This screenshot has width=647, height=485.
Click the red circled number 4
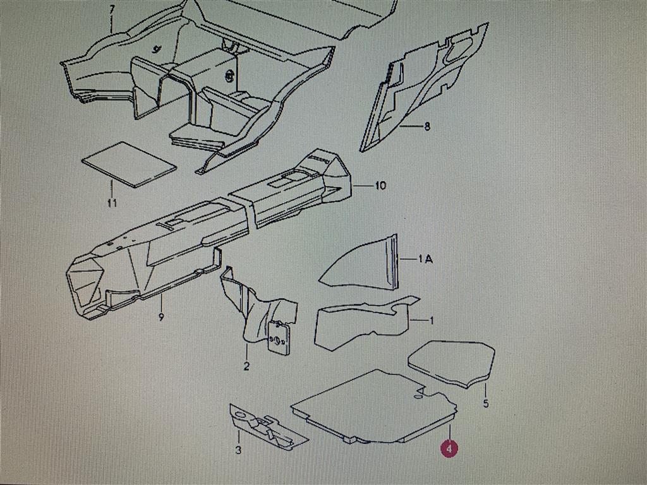[x=449, y=448]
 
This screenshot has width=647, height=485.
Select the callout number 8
[x=426, y=126]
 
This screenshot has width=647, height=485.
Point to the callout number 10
[x=380, y=186]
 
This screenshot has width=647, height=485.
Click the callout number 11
[x=112, y=203]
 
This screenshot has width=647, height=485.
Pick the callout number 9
[x=161, y=317]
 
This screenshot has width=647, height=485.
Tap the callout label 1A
[x=425, y=259]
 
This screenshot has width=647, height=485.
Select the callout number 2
[x=246, y=366]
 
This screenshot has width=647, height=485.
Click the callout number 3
[x=238, y=450]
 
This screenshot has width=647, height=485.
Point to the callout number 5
[x=486, y=403]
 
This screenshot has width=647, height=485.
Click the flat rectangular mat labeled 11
[x=129, y=164]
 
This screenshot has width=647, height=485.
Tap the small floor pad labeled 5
[x=451, y=364]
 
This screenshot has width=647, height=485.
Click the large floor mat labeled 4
[x=373, y=406]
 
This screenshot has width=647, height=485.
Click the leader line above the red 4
[x=450, y=429]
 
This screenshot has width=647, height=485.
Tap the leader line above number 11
[x=111, y=189]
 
